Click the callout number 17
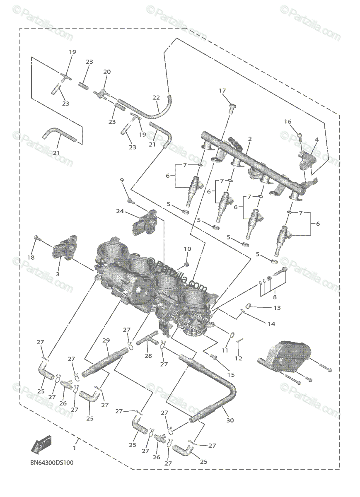tap(222, 91)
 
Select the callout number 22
tap(156, 98)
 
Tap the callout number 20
tap(107, 72)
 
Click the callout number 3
tap(58, 274)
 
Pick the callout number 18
tap(31, 258)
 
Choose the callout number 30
tap(230, 420)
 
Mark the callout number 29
tap(106, 340)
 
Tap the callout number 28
tap(148, 356)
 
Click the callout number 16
tap(288, 121)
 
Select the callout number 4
tap(317, 140)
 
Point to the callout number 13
tap(277, 308)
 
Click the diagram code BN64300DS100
tap(52, 462)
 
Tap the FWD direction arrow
tap(40, 446)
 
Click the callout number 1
tap(75, 448)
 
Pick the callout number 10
tap(188, 249)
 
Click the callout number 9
tap(122, 180)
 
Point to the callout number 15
tap(231, 374)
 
